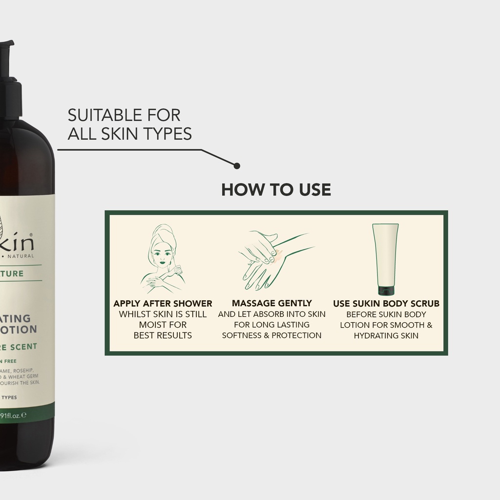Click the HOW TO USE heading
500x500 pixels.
(x=276, y=189)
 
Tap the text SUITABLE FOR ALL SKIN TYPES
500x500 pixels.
(x=129, y=124)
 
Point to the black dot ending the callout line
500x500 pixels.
(x=237, y=166)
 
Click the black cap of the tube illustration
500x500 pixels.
(x=385, y=291)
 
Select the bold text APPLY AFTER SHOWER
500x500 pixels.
(x=163, y=304)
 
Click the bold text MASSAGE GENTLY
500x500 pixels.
(x=271, y=303)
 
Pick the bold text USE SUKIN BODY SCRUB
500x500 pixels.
(x=386, y=304)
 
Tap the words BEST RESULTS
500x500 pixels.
(x=163, y=335)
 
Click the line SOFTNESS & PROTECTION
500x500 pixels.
(x=271, y=335)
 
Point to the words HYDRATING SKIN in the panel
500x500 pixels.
(x=386, y=335)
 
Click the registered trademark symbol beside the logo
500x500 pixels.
(x=32, y=234)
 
